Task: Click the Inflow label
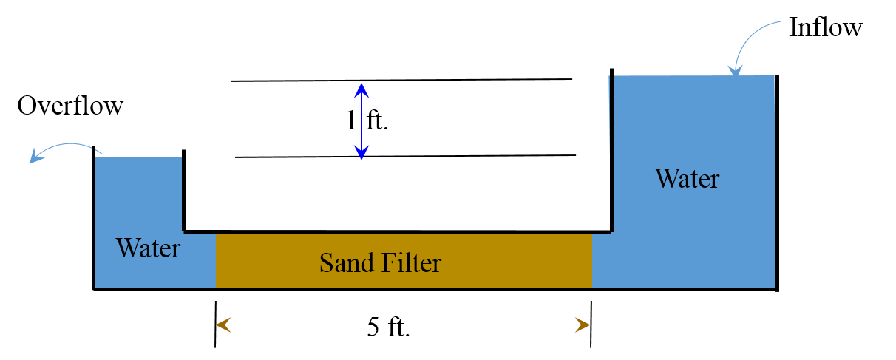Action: pos(825,27)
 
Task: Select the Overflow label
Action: pos(70,106)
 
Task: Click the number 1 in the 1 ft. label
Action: pos(351,120)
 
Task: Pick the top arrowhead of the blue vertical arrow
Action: pos(361,88)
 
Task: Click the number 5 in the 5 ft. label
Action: pos(374,327)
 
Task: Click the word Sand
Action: pos(345,262)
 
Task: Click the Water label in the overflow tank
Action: pos(148,248)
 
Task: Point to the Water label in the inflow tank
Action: pos(687,179)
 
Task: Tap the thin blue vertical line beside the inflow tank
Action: pos(610,115)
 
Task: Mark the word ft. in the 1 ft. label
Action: pos(377,120)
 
